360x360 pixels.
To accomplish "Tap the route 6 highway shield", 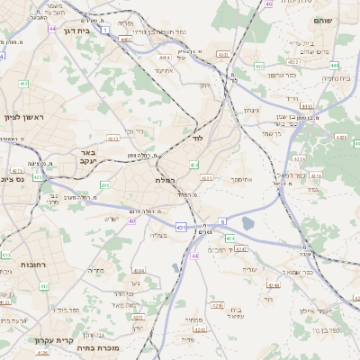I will click(221, 220).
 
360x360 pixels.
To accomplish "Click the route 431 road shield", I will click(182, 228).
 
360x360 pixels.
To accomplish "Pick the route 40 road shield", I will click(132, 220).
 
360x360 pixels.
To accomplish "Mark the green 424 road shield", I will click(229, 238).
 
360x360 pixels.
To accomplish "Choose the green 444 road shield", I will click(334, 65).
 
